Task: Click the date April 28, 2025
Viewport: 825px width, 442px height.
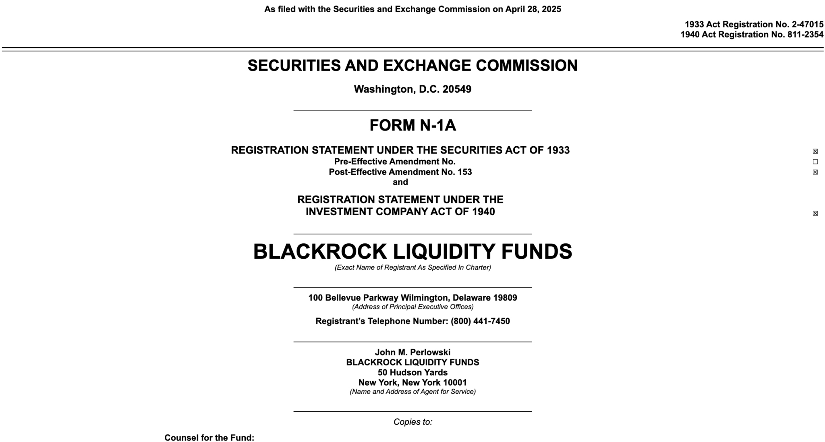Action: (x=533, y=9)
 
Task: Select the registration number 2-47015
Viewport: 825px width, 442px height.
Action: (x=807, y=25)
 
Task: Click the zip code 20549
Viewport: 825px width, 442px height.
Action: (x=457, y=89)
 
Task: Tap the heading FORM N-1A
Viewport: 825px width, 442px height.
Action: (x=412, y=125)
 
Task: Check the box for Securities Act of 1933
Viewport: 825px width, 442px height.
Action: (x=815, y=151)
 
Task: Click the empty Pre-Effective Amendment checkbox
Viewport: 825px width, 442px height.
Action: (x=815, y=162)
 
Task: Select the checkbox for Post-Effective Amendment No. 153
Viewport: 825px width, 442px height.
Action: (x=815, y=172)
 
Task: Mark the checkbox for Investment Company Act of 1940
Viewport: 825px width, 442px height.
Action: (x=815, y=214)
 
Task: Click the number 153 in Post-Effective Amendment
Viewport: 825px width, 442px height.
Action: (x=464, y=172)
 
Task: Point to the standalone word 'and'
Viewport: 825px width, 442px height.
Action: (x=400, y=182)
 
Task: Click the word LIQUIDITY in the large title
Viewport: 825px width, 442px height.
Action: (x=444, y=251)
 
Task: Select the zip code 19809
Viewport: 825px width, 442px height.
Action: (x=505, y=298)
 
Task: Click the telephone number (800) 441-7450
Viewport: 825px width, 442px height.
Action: (x=480, y=321)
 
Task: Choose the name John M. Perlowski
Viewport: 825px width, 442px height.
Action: (x=412, y=352)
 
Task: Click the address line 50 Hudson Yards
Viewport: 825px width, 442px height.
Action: (x=412, y=372)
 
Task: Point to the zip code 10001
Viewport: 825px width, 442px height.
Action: (x=455, y=382)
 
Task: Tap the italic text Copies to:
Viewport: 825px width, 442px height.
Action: (x=412, y=422)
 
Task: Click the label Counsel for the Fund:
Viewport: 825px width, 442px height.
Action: (x=209, y=438)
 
